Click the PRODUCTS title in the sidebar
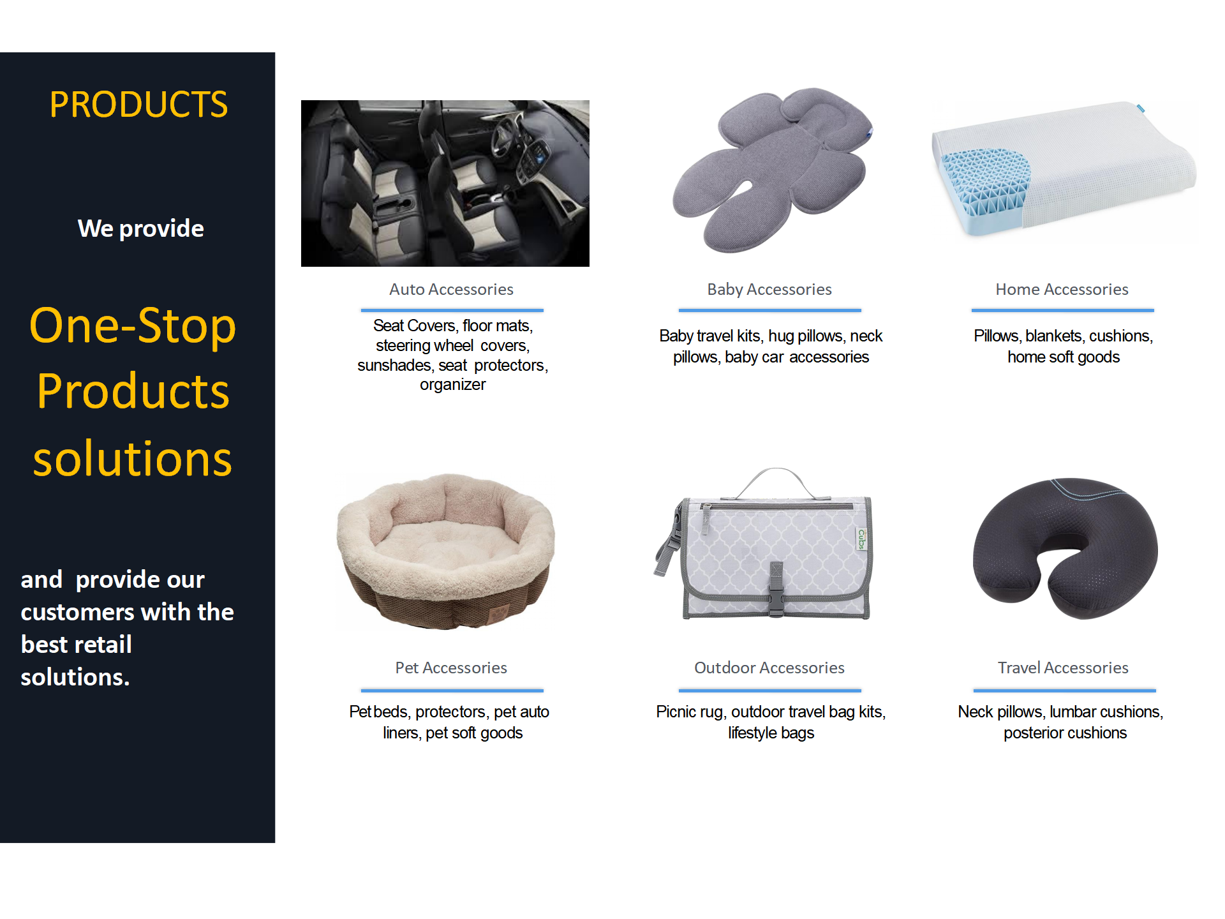tap(138, 105)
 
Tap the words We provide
tap(141, 228)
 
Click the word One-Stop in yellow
tap(133, 325)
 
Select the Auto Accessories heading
tap(452, 289)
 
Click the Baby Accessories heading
tap(769, 289)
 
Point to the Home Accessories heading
tap(1062, 289)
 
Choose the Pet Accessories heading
tap(451, 668)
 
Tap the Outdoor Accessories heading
tap(769, 668)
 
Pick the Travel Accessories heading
tap(1063, 668)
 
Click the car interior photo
tap(445, 183)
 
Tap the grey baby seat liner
tap(772, 170)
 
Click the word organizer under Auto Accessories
tap(452, 385)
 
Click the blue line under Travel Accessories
tap(1064, 691)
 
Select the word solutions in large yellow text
tap(133, 459)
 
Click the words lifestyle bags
tap(771, 733)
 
